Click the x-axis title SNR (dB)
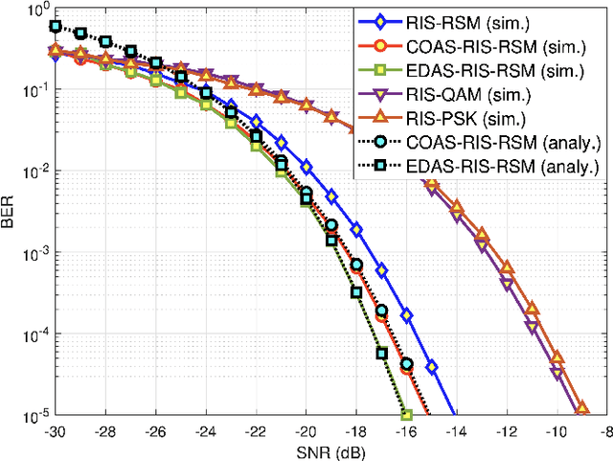(330, 451)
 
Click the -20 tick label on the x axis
(306, 431)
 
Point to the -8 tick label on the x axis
(604, 431)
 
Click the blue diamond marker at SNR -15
(431, 367)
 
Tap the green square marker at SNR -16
(406, 415)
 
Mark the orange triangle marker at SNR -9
(580, 410)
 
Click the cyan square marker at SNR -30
(57, 27)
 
